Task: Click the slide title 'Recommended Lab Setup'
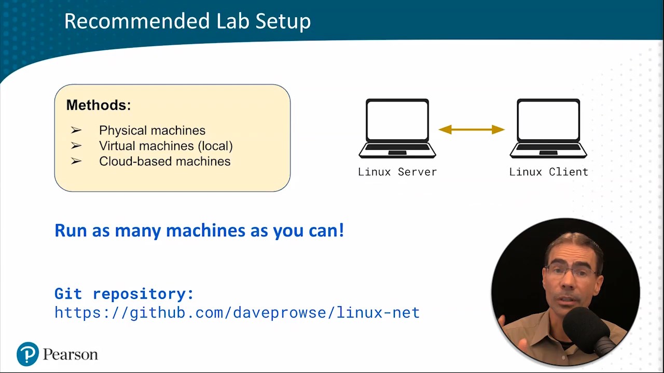(187, 21)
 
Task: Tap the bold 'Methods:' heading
(99, 105)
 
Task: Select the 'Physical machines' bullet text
(152, 130)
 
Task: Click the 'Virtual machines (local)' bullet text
(165, 146)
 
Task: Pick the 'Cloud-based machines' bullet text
(164, 161)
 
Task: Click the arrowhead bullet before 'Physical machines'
(76, 130)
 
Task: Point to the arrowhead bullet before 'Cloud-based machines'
(76, 161)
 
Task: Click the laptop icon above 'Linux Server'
(397, 128)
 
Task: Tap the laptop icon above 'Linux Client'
(548, 128)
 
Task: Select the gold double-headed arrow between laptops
(472, 130)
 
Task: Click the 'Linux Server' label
(397, 172)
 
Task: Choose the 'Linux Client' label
(548, 172)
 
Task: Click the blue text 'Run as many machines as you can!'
(199, 231)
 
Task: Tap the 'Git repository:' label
(124, 294)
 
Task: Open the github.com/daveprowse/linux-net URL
(237, 312)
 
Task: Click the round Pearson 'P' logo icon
(27, 354)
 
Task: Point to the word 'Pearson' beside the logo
(70, 354)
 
